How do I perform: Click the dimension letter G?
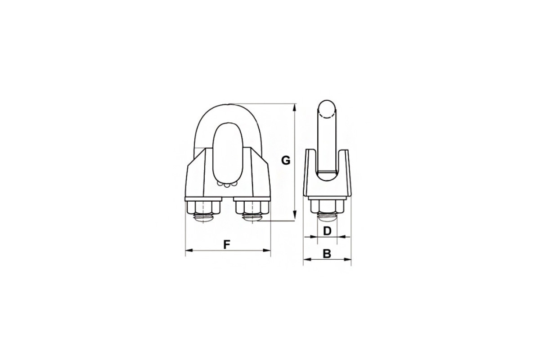(x=286, y=160)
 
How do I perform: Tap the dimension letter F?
(x=226, y=244)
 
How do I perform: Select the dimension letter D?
(x=327, y=231)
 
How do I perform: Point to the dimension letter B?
(x=327, y=254)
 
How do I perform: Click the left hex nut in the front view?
(x=203, y=207)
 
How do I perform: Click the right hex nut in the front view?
(x=252, y=207)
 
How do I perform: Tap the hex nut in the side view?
(x=327, y=206)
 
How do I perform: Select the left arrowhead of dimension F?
(x=189, y=251)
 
